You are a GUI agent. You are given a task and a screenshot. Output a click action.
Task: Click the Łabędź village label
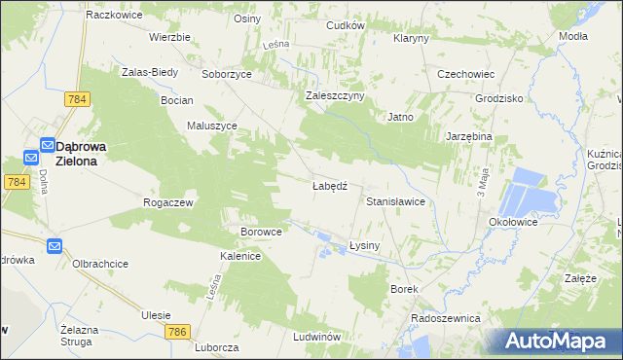(329, 184)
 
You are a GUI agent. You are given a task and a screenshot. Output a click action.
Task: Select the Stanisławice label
(395, 200)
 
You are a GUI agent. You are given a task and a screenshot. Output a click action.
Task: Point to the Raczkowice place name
(115, 16)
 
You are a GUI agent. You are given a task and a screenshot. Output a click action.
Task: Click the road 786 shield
(176, 333)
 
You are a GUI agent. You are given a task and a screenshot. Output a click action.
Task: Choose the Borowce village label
(261, 232)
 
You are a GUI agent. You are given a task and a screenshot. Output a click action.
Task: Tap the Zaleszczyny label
(334, 95)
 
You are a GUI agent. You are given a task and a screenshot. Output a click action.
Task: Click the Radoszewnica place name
(446, 318)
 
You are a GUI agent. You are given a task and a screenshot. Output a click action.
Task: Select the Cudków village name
(345, 25)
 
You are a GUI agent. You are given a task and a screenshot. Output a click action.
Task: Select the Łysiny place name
(363, 246)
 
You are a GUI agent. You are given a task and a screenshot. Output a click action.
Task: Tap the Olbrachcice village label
(100, 264)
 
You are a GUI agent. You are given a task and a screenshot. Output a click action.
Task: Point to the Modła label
(573, 36)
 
